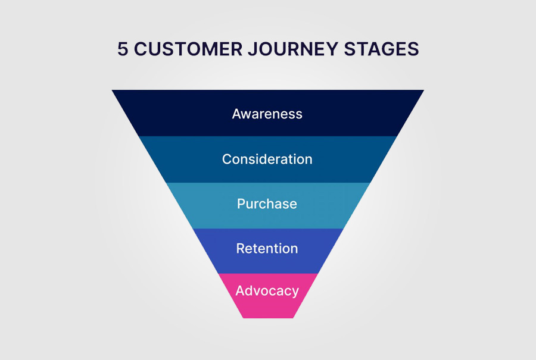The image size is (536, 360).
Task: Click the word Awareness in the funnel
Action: point(267,114)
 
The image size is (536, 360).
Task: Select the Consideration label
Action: point(267,159)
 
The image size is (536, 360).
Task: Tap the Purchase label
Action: point(267,204)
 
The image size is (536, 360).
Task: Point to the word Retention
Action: point(267,248)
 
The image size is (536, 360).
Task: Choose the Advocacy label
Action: point(267,291)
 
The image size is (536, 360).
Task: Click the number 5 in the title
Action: point(123,49)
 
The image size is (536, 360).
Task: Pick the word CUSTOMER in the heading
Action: point(188,49)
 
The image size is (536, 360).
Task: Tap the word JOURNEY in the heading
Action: point(293,49)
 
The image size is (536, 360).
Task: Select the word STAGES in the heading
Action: point(381,49)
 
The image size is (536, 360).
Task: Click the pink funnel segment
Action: point(268,296)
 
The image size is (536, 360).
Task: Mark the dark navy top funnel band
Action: point(268,113)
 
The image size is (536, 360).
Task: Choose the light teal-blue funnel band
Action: point(268,206)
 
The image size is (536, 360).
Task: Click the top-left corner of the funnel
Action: point(112,90)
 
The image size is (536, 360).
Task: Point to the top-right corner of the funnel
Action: point(424,90)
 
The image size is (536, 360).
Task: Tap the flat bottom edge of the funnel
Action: point(269,318)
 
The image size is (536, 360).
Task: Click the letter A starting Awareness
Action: point(237,114)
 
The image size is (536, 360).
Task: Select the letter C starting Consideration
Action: point(227,159)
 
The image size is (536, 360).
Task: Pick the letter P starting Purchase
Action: point(241,204)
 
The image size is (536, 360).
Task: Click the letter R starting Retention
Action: point(241,248)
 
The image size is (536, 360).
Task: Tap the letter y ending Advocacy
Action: point(295,292)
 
